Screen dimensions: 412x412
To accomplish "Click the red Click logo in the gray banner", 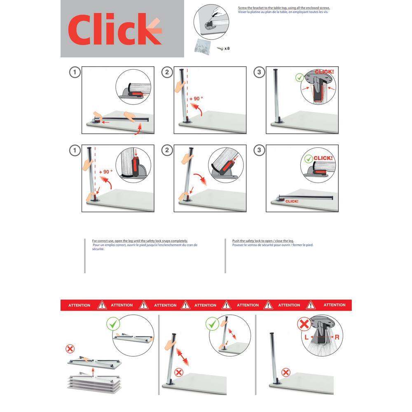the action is pyautogui.click(x=115, y=29).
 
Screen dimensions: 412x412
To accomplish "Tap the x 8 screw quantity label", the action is pyautogui.click(x=227, y=48).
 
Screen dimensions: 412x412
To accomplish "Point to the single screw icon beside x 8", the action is pyautogui.click(x=220, y=48).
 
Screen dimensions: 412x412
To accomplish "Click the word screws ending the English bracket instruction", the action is pyautogui.click(x=325, y=8).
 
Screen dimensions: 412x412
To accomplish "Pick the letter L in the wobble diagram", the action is pyautogui.click(x=307, y=337).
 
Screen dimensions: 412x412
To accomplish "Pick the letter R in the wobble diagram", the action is pyautogui.click(x=337, y=337).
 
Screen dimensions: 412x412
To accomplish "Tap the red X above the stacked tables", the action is pyautogui.click(x=70, y=349).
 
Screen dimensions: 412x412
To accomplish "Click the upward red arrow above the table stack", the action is pyautogui.click(x=93, y=372).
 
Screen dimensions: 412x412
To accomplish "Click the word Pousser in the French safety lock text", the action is pyautogui.click(x=238, y=245).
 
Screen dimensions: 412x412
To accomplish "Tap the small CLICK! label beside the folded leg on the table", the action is pyautogui.click(x=292, y=201).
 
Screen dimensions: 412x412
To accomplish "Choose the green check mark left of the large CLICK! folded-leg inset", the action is pyautogui.click(x=309, y=159).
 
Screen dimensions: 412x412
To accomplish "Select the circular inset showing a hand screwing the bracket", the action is pyautogui.click(x=211, y=22).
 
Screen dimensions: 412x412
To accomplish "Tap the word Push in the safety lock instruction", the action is pyautogui.click(x=235, y=241).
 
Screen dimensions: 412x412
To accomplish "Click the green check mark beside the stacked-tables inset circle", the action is pyautogui.click(x=113, y=323).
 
